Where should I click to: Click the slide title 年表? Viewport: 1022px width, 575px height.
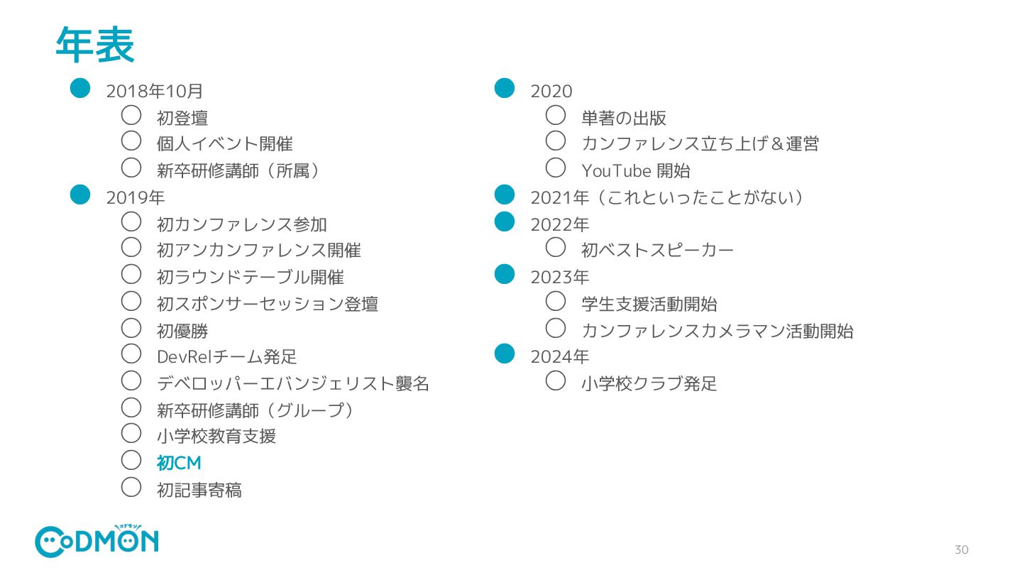click(x=95, y=45)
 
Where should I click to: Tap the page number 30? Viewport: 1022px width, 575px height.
click(x=961, y=549)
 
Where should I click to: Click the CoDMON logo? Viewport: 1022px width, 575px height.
click(x=97, y=542)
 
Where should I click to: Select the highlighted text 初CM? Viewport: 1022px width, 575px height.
click(x=179, y=464)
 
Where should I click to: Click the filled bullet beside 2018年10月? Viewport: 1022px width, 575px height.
click(x=80, y=87)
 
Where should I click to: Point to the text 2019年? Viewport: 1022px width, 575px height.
click(x=135, y=198)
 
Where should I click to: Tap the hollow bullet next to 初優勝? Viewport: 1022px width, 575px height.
click(x=131, y=327)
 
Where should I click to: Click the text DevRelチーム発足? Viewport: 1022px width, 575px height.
click(x=226, y=357)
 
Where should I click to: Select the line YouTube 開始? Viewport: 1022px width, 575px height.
click(x=635, y=171)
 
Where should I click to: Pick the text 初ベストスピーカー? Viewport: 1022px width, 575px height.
click(x=657, y=251)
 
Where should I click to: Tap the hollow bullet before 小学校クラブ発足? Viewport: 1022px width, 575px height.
click(x=556, y=380)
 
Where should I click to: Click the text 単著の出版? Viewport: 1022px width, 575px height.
click(x=624, y=119)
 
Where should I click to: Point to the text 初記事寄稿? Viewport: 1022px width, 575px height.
click(x=199, y=491)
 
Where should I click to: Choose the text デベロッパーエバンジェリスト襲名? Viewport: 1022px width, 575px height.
click(x=292, y=384)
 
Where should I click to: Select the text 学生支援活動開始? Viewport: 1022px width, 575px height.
click(x=649, y=305)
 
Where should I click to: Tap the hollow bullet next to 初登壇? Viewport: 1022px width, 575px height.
click(x=131, y=115)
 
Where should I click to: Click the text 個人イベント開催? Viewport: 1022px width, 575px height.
click(x=224, y=144)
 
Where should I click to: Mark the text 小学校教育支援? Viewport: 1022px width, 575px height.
click(x=216, y=437)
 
